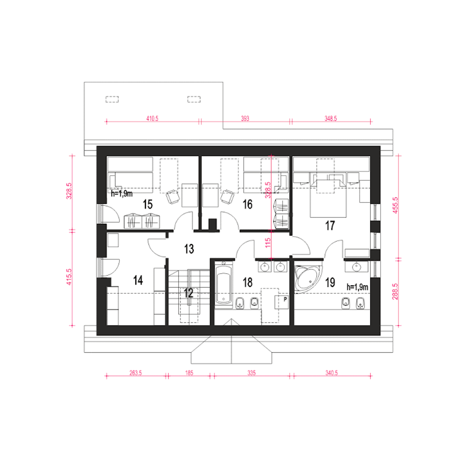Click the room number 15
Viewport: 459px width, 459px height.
tap(147, 204)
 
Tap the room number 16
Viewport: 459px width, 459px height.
tap(247, 204)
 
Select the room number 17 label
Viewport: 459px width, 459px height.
tap(330, 225)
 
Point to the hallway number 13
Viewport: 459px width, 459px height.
tap(189, 249)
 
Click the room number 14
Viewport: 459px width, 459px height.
tap(138, 280)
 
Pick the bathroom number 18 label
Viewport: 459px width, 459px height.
tap(247, 282)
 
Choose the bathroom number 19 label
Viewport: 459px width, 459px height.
tap(330, 283)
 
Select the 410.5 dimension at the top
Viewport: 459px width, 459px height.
tap(152, 118)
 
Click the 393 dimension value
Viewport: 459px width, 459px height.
tap(245, 118)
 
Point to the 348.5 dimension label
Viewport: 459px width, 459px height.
tap(331, 118)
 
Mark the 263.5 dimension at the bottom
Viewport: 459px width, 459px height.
tap(136, 373)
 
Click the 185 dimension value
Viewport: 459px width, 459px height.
tap(189, 373)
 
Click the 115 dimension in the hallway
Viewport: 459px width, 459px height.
tap(268, 242)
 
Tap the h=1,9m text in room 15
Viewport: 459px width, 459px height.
tap(122, 194)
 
